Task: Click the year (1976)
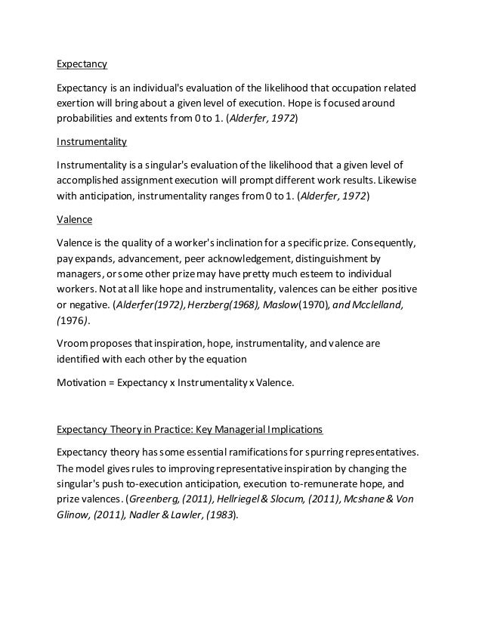coord(73,320)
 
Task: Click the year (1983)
coord(218,515)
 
